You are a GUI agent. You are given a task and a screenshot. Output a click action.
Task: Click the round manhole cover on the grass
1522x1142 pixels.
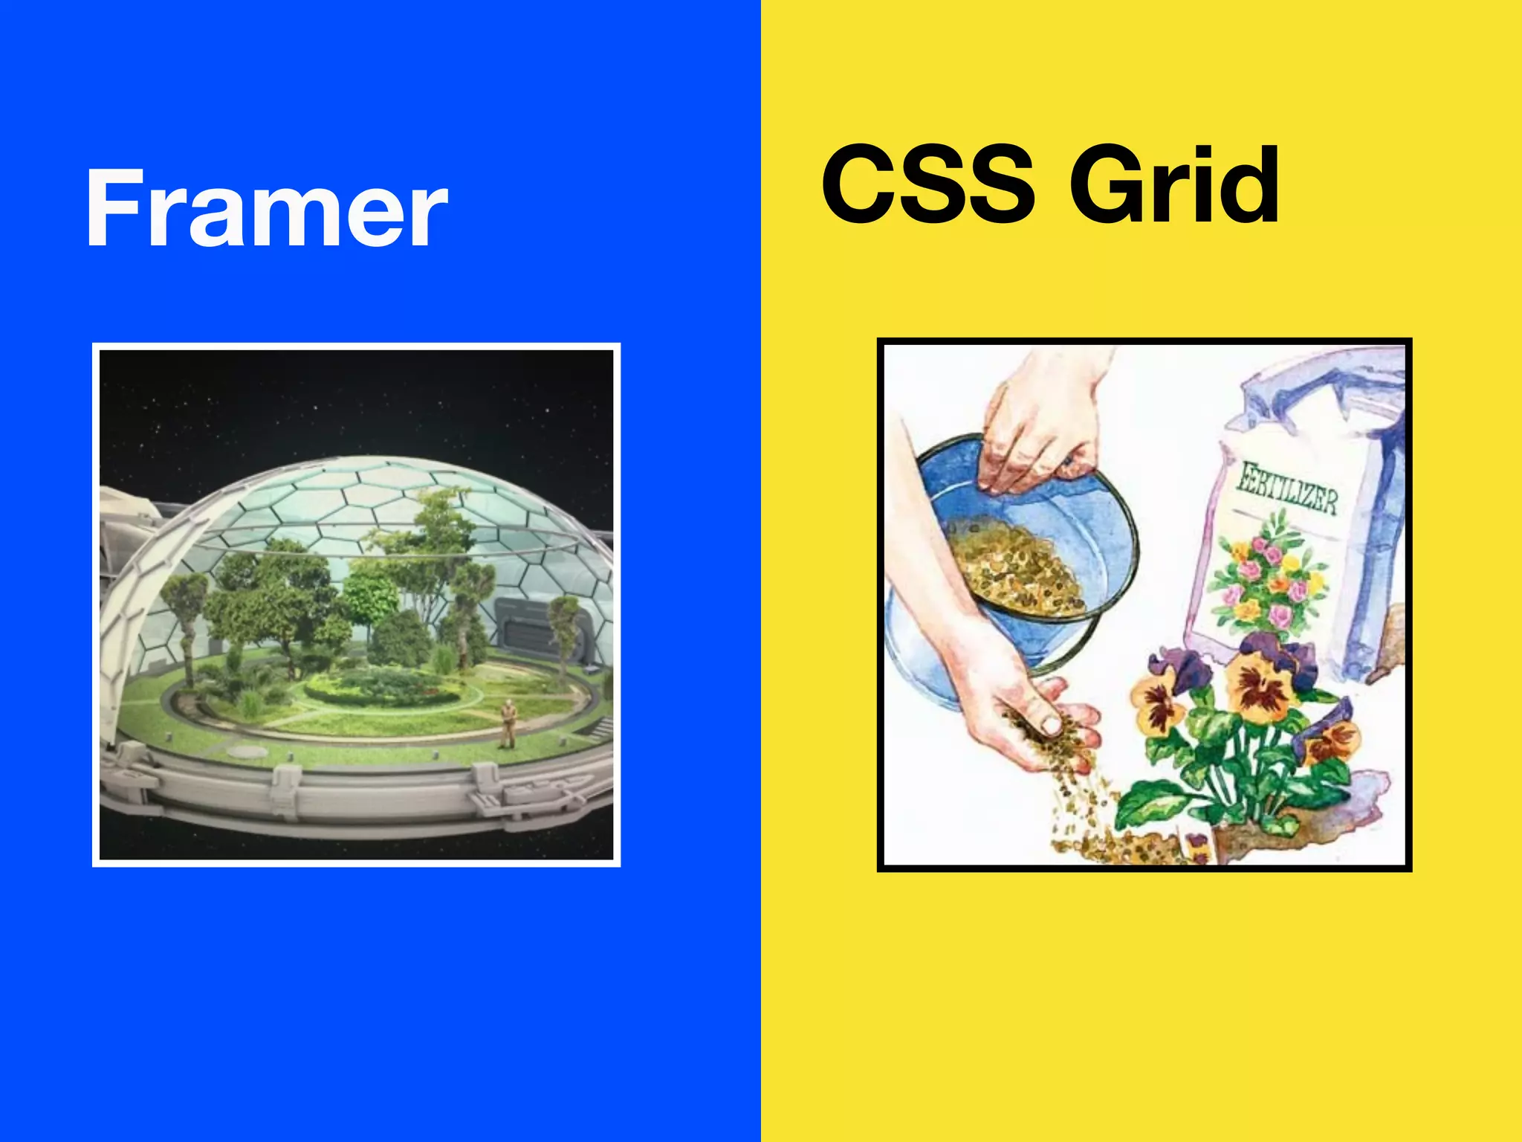(245, 751)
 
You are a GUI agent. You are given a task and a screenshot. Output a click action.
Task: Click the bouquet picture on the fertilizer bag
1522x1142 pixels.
(1263, 576)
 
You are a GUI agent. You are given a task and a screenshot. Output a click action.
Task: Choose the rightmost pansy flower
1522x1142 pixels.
(1334, 736)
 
